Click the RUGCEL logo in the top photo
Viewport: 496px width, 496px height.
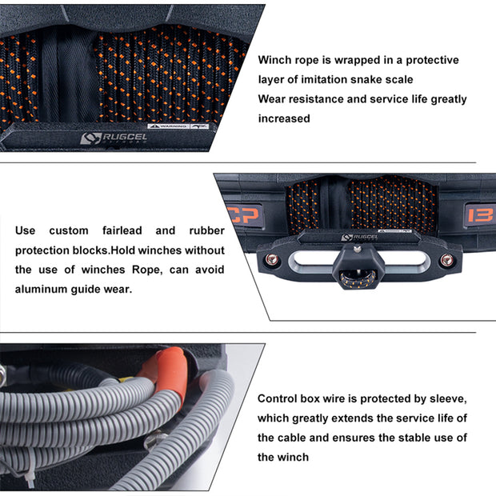pyautogui.click(x=114, y=138)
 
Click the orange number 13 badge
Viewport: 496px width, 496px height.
pyautogui.click(x=480, y=215)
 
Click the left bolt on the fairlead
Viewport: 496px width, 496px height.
pyautogui.click(x=272, y=260)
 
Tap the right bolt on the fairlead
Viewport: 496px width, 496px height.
pyautogui.click(x=446, y=260)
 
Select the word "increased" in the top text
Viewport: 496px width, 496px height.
pyautogui.click(x=284, y=118)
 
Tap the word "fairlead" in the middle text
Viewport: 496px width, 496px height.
pyautogui.click(x=122, y=230)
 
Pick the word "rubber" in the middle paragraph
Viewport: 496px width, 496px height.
pyautogui.click(x=207, y=230)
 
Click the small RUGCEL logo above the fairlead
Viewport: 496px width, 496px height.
pyautogui.click(x=359, y=238)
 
